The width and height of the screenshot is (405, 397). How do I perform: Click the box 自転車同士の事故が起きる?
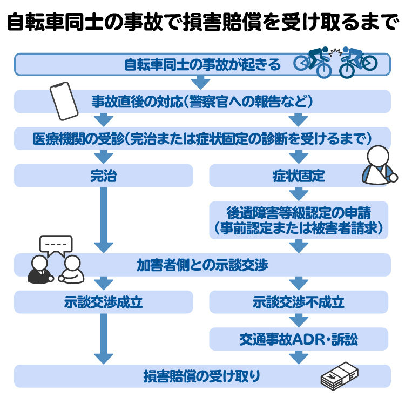click(x=202, y=65)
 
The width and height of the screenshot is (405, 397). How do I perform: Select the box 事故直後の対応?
click(x=202, y=101)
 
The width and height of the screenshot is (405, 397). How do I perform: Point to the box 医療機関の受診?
click(x=202, y=138)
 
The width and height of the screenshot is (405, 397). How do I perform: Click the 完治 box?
click(x=103, y=176)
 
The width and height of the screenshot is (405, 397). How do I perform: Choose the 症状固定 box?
click(x=298, y=176)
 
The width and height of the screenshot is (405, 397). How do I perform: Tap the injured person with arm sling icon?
click(x=378, y=165)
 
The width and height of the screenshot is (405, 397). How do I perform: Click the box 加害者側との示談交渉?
click(x=202, y=265)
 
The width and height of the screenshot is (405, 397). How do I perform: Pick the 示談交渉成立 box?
click(x=103, y=302)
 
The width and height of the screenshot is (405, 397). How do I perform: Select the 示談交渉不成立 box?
click(x=298, y=302)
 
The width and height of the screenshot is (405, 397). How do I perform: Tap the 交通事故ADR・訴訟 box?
click(x=298, y=339)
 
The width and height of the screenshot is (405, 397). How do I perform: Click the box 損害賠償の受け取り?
click(x=202, y=376)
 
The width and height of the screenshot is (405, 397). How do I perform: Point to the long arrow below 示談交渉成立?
click(x=103, y=338)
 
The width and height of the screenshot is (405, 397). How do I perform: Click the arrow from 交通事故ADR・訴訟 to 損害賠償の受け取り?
click(x=298, y=356)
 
